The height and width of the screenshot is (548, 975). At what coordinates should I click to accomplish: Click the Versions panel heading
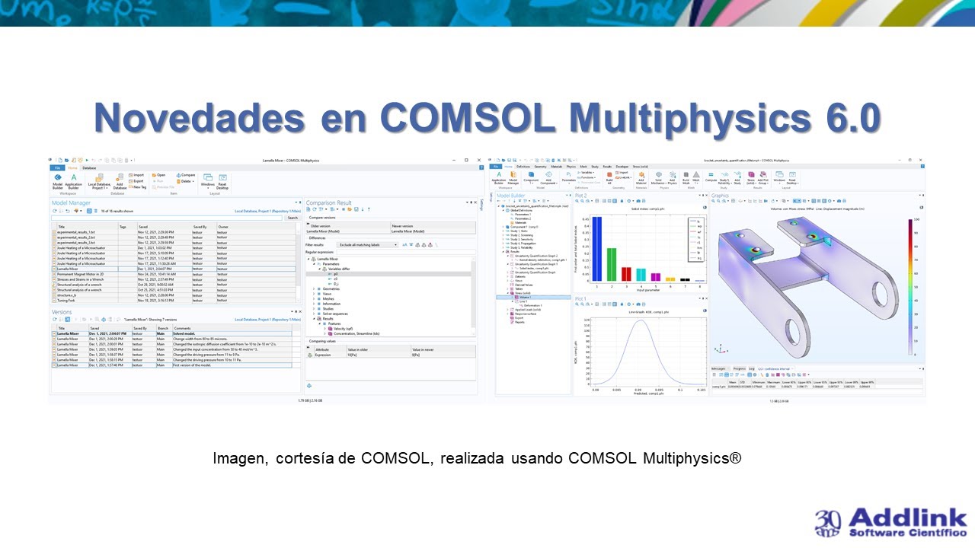click(62, 312)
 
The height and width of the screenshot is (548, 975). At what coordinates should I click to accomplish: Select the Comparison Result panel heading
click(328, 203)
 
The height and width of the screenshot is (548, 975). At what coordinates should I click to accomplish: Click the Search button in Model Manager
click(292, 218)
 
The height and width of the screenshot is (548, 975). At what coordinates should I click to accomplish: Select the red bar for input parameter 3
click(626, 275)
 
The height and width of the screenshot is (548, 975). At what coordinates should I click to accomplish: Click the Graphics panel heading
click(721, 196)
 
